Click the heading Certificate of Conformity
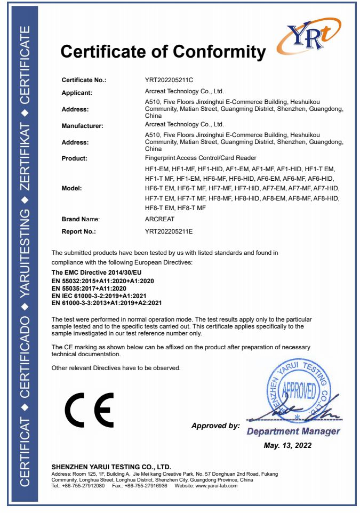[163, 52]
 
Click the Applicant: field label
[77, 93]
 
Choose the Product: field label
[75, 158]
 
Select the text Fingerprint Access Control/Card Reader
[201, 158]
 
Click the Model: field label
[72, 189]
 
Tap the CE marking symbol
[89, 409]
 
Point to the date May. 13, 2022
[287, 445]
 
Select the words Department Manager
[293, 431]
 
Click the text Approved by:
[215, 426]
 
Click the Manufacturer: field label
[83, 126]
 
